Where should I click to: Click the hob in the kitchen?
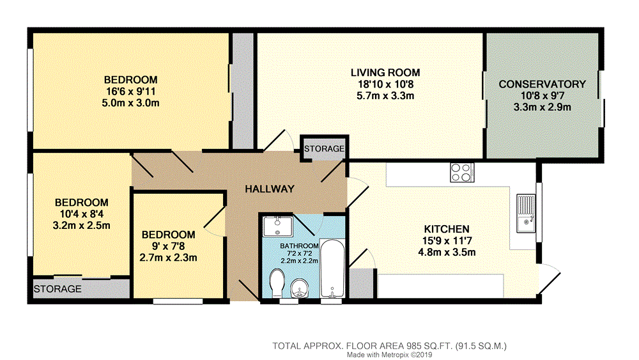[x=462, y=172]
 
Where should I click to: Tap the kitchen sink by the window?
[x=526, y=213]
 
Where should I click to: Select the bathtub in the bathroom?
[x=332, y=269]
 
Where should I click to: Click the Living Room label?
[x=385, y=72]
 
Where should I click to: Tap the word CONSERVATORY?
[x=542, y=84]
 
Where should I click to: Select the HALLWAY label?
[x=270, y=189]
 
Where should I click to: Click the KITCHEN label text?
[x=447, y=229]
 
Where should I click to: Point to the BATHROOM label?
[x=299, y=246]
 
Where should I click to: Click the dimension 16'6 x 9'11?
[x=130, y=91]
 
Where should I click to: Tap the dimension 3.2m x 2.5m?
[x=82, y=225]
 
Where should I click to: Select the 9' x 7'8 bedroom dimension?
[x=168, y=246]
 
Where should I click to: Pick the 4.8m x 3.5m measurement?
[x=447, y=252]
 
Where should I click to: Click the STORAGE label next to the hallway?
[x=325, y=149]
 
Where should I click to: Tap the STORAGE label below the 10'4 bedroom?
[x=58, y=289]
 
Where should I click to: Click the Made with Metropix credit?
[x=389, y=355]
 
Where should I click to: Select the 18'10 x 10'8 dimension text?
[x=385, y=84]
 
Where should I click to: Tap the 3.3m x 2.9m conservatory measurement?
[x=542, y=107]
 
